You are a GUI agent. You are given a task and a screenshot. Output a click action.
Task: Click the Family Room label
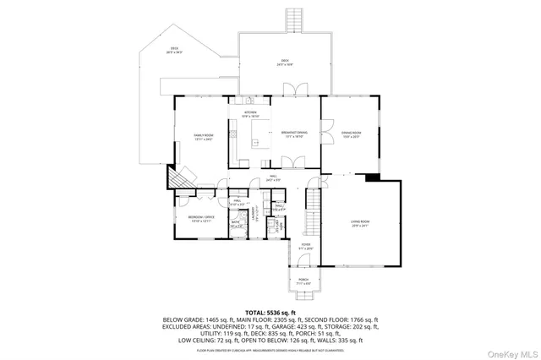[201, 137]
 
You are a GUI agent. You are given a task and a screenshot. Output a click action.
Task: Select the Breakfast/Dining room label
[295, 135]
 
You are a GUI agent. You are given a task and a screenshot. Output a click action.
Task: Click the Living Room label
[361, 224]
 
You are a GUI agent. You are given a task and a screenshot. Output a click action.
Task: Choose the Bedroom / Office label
[196, 218]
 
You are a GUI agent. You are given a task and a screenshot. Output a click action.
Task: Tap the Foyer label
[306, 246]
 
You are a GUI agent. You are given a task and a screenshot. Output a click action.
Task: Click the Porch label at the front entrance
[303, 283]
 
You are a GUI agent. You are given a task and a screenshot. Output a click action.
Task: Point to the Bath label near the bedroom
[236, 225]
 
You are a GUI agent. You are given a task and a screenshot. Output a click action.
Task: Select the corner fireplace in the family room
[178, 179]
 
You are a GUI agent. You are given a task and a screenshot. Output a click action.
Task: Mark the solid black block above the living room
[371, 177]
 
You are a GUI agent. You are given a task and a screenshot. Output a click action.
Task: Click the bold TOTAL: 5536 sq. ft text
[270, 312]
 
